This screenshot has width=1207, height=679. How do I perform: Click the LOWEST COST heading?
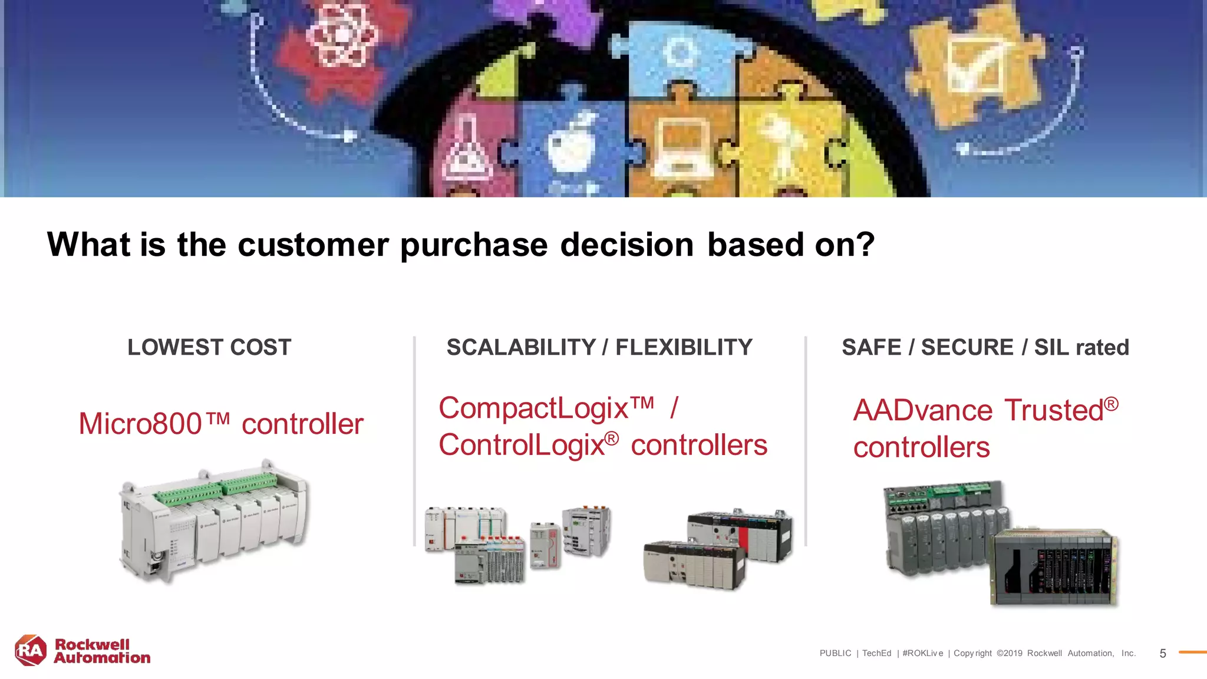(209, 347)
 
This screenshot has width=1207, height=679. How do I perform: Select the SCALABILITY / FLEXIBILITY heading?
(599, 347)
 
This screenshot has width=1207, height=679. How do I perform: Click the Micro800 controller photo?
(213, 521)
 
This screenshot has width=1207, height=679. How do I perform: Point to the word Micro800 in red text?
(140, 424)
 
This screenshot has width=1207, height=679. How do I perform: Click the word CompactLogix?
(533, 408)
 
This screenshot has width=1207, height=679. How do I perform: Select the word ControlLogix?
(522, 445)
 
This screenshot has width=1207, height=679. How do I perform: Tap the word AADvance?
(923, 410)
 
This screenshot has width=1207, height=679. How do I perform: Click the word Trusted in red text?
(1054, 410)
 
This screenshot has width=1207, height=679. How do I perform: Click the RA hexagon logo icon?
(30, 651)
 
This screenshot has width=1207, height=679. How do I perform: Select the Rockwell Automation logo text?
(101, 651)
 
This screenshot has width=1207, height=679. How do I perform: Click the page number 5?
(1162, 654)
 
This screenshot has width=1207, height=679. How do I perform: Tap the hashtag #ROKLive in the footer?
(922, 654)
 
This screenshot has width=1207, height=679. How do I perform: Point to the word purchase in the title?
(474, 245)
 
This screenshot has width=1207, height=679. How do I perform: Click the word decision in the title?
(626, 245)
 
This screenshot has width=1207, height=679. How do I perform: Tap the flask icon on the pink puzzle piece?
(466, 150)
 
